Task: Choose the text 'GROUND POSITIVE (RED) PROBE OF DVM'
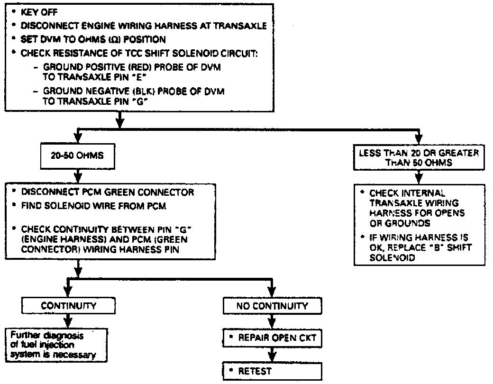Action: pyautogui.click(x=132, y=68)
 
